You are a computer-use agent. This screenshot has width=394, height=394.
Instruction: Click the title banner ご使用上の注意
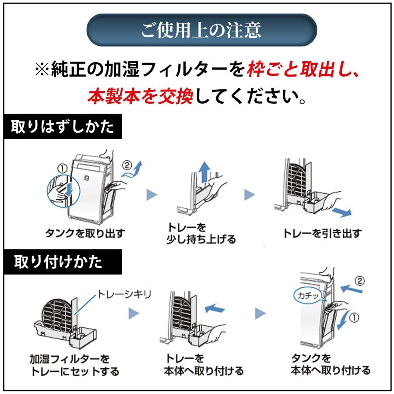point(201,30)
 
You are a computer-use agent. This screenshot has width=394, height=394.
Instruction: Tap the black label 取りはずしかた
point(63,127)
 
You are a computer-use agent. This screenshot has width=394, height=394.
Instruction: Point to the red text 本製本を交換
point(140,96)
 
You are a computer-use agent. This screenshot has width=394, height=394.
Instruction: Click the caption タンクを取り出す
point(85,233)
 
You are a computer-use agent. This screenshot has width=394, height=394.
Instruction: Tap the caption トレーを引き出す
point(323,233)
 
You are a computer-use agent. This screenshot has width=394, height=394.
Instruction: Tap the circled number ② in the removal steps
point(127,166)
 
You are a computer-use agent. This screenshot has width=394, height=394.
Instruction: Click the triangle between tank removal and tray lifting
point(151,195)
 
